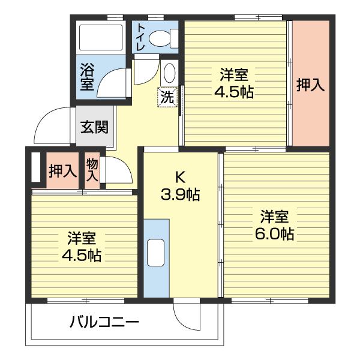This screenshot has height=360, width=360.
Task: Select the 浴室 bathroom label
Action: point(87,78)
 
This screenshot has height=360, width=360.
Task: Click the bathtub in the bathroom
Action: point(101,38)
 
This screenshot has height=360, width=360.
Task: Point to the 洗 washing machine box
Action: point(167,97)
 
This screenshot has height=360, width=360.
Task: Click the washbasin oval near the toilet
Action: point(169,73)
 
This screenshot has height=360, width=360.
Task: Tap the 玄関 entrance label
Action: point(95,127)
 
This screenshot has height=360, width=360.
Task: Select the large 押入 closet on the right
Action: point(310,85)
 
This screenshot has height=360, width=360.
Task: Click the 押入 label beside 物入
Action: point(62,171)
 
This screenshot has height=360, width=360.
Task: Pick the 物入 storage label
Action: point(92,170)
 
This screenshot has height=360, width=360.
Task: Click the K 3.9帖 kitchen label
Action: point(179,185)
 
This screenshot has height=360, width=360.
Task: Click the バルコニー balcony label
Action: point(104,323)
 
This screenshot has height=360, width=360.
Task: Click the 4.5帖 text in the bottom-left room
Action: point(82,255)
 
